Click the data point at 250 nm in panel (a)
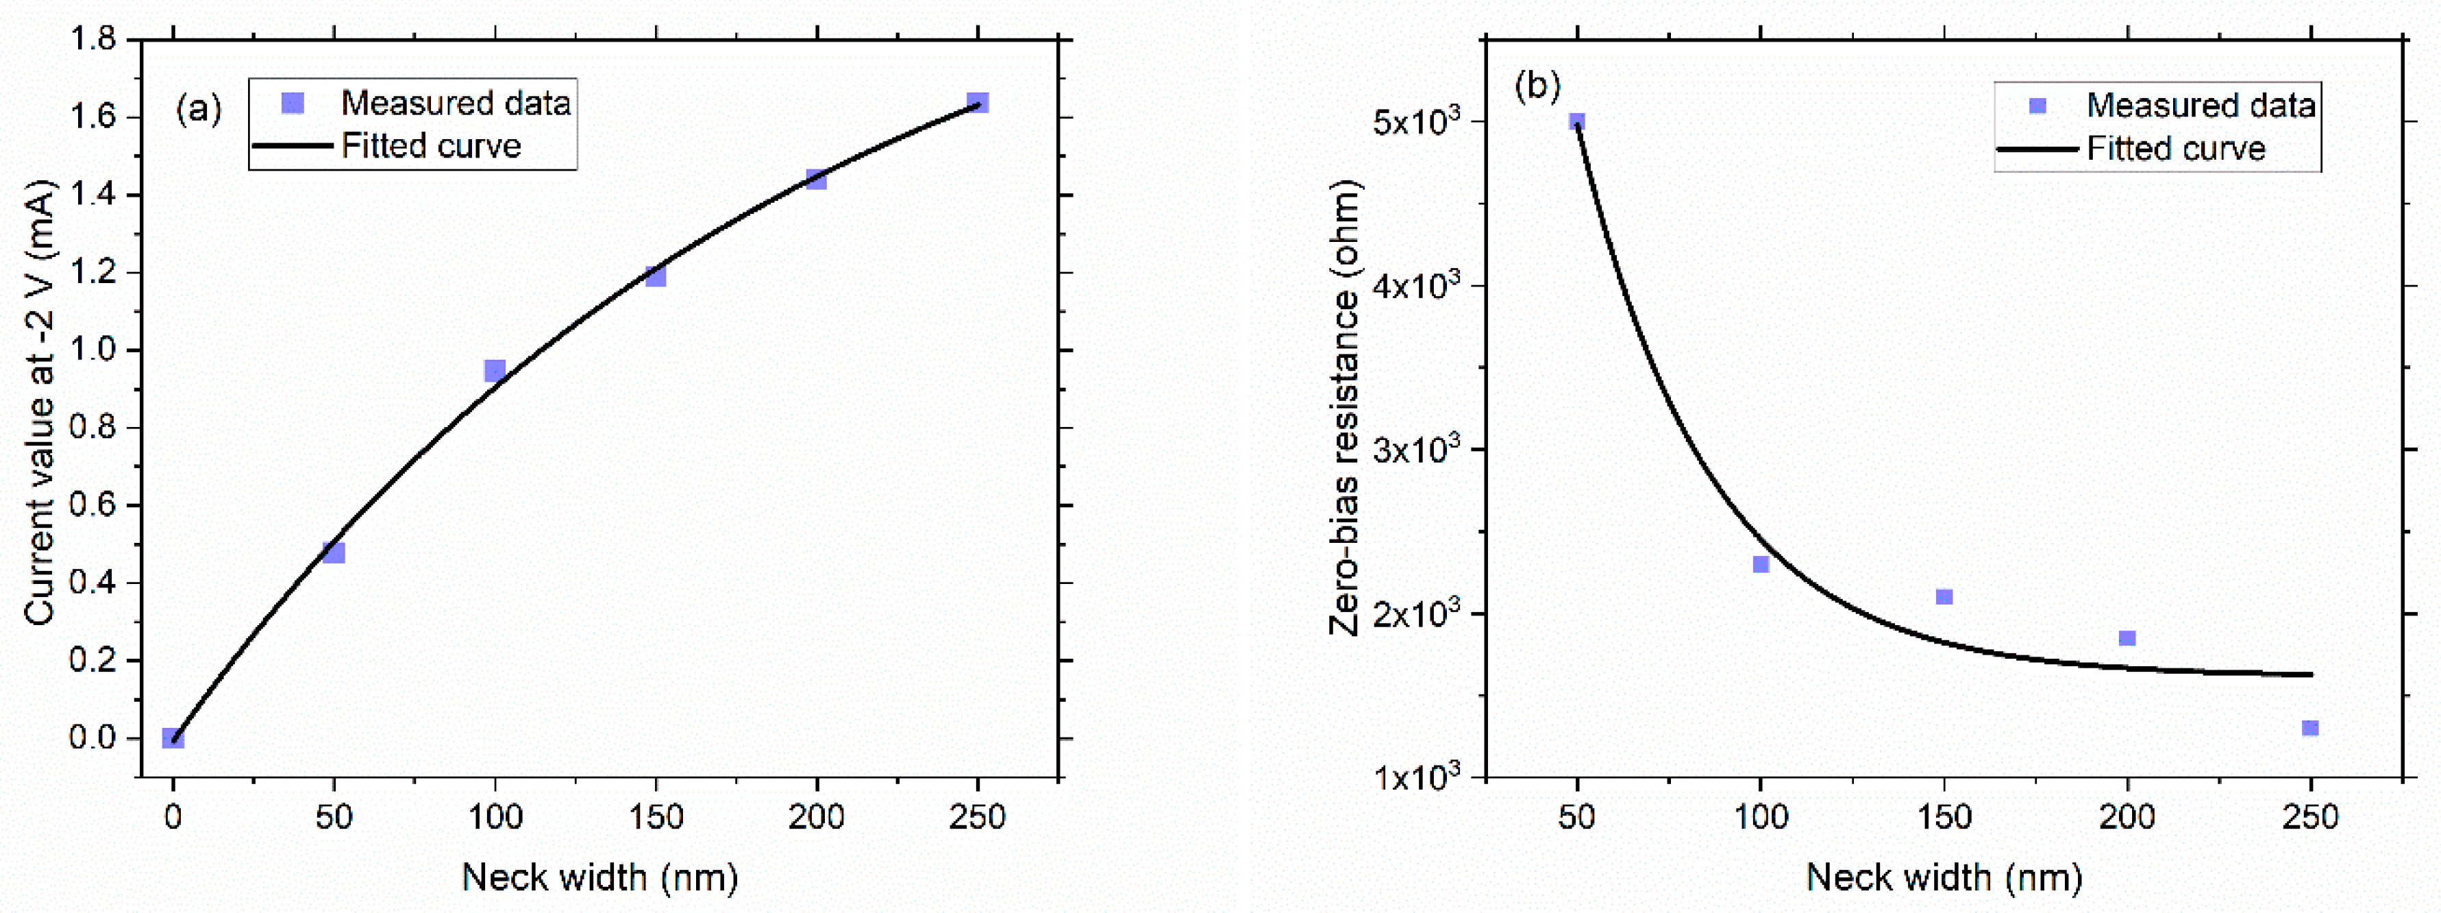978,102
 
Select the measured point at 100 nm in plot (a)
495,369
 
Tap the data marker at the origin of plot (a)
173,738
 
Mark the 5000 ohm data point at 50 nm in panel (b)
1577,121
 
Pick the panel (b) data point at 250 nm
2310,728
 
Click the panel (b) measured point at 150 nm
1944,596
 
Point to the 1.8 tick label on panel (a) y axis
93,40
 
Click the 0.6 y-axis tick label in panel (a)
93,505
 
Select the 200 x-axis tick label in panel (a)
816,817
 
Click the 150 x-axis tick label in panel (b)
1944,817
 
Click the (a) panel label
199,110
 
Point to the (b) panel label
1537,85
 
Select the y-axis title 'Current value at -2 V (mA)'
40,403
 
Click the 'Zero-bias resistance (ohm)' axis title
1343,408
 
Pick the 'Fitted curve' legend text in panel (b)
2176,149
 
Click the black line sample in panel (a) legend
292,146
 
